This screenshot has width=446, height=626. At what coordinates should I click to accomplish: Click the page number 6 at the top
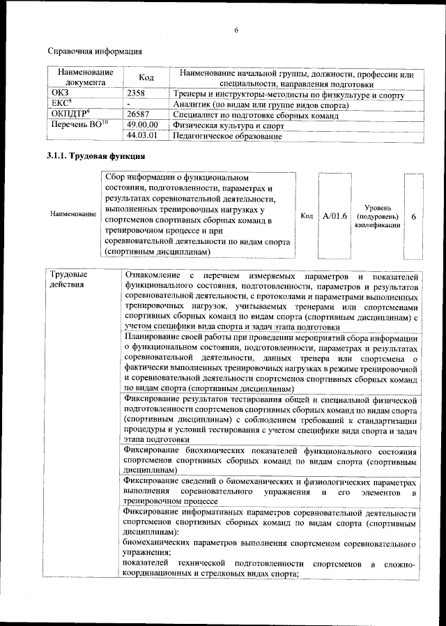(236, 30)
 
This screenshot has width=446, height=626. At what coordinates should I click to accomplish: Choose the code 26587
(139, 114)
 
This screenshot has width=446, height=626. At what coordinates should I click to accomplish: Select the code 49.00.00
(144, 125)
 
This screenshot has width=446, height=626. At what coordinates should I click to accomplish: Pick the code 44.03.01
(144, 136)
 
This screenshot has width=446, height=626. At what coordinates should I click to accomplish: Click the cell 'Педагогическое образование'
(227, 137)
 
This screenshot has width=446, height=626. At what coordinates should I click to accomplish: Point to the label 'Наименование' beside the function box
(73, 215)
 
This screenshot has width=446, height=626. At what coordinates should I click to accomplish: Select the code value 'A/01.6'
(334, 216)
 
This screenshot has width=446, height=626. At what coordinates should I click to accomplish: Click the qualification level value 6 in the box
(413, 217)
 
